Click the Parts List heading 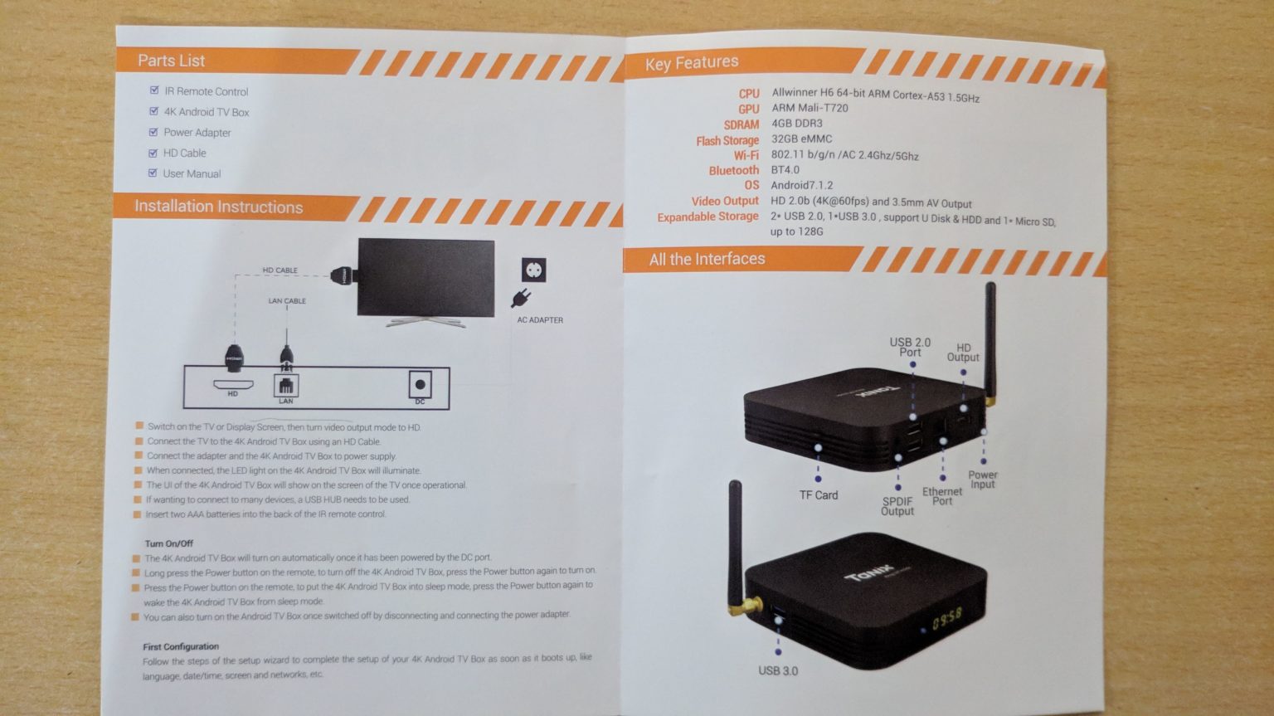coord(171,61)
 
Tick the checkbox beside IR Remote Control coord(154,90)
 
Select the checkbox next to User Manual coord(153,173)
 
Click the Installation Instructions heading coord(218,207)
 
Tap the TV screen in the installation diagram coord(425,277)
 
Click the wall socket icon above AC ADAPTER coord(533,270)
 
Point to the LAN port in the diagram coord(285,386)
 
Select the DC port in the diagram coord(420,385)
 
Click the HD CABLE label coord(280,270)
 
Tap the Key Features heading coord(691,63)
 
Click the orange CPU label coord(748,94)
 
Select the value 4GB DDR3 coord(796,124)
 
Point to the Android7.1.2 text coord(801,185)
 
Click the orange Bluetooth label coord(733,170)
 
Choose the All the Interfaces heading coord(707,260)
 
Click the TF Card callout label coord(818,495)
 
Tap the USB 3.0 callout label coord(778,670)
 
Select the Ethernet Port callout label coord(942,496)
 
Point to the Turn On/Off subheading coord(168,543)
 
